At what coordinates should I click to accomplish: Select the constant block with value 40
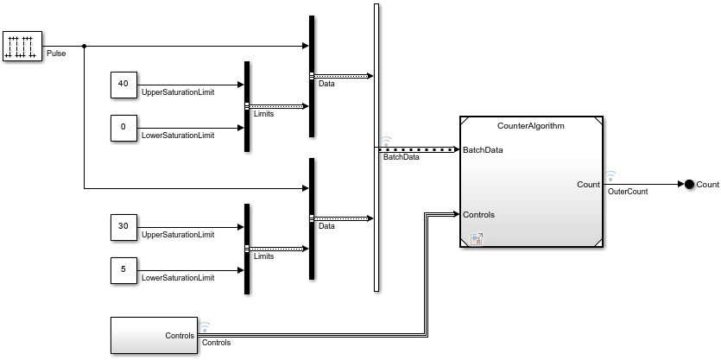(x=123, y=85)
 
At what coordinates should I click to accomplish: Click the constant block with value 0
(x=123, y=127)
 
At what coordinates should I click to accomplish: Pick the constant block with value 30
(x=123, y=226)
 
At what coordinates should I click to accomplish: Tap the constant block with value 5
(x=123, y=269)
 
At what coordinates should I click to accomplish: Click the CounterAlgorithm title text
(x=530, y=126)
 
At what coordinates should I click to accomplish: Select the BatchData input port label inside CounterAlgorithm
(x=483, y=150)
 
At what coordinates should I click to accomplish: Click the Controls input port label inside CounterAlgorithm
(x=478, y=214)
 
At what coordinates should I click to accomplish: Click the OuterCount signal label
(x=628, y=192)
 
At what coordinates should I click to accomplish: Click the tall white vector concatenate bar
(x=376, y=147)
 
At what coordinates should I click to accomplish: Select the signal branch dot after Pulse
(x=84, y=46)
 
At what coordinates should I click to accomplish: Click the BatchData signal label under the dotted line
(x=402, y=156)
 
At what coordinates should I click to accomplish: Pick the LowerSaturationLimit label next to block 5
(x=177, y=278)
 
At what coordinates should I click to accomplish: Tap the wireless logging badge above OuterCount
(x=610, y=176)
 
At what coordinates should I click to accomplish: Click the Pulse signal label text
(x=56, y=54)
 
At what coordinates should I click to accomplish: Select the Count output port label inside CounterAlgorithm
(x=588, y=184)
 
